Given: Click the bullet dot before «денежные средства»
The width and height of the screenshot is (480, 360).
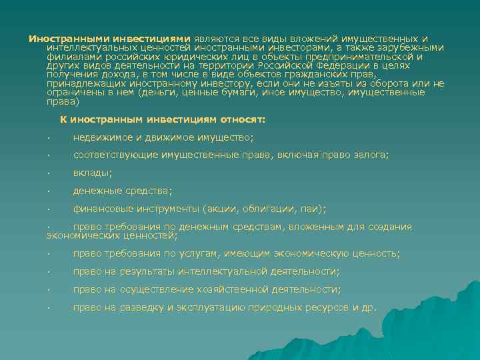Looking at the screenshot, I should point(49,191).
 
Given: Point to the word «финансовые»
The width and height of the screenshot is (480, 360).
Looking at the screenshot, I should point(103,209).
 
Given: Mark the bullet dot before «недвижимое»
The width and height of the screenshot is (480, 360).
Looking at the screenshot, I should point(49,138).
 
